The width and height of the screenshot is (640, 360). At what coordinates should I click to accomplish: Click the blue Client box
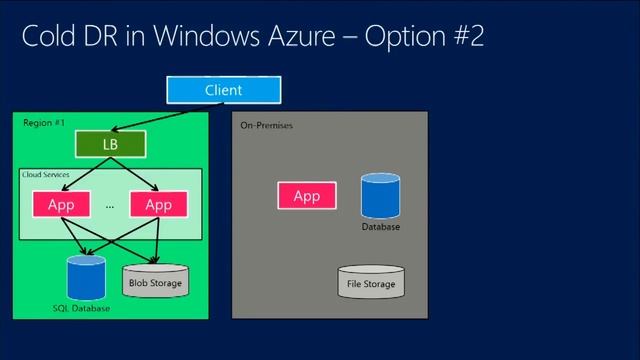223,90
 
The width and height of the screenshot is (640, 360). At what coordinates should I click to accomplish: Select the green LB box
109,145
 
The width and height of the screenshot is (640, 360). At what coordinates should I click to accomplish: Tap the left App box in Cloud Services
62,205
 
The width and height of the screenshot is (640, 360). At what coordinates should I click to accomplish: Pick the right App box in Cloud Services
158,205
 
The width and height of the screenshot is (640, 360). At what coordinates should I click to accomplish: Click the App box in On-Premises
306,196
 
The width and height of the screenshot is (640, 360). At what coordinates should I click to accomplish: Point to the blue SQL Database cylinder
86,278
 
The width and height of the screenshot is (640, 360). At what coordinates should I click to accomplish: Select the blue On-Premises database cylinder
380,195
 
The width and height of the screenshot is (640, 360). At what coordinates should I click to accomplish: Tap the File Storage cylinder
370,283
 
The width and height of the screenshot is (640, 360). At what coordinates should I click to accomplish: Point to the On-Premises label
266,126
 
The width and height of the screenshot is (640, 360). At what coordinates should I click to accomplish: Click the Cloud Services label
46,175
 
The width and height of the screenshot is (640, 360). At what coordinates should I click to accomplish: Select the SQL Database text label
81,309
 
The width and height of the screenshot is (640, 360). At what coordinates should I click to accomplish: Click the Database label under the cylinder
380,227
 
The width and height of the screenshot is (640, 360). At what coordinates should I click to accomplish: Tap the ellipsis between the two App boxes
110,207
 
